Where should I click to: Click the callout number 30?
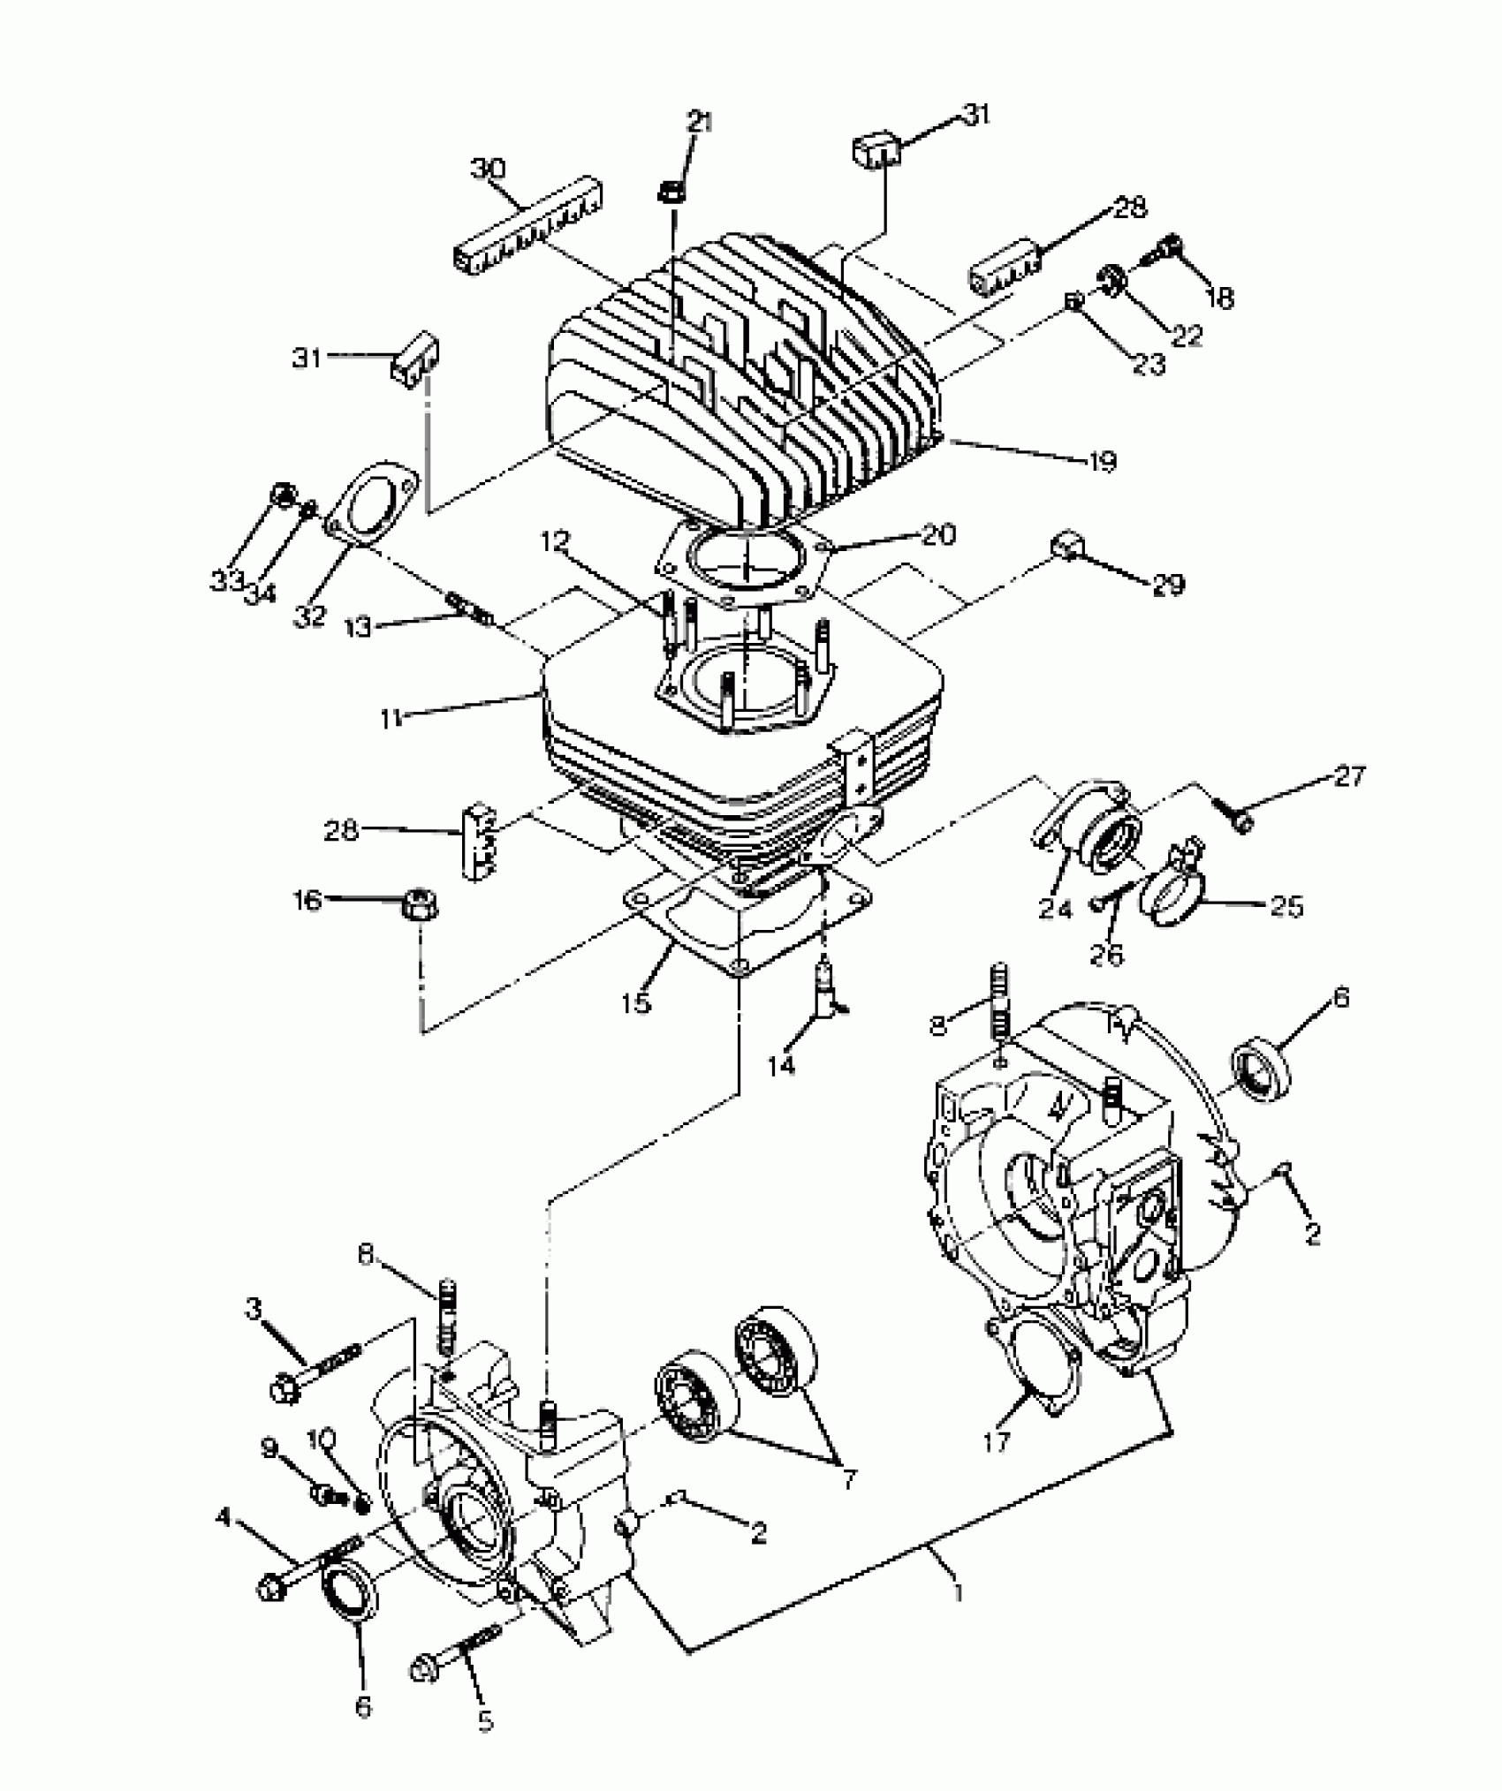488,169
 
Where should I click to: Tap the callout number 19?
1103,461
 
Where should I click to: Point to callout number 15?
635,1002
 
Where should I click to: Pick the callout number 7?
848,1479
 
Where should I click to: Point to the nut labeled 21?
671,192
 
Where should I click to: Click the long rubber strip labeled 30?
530,231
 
